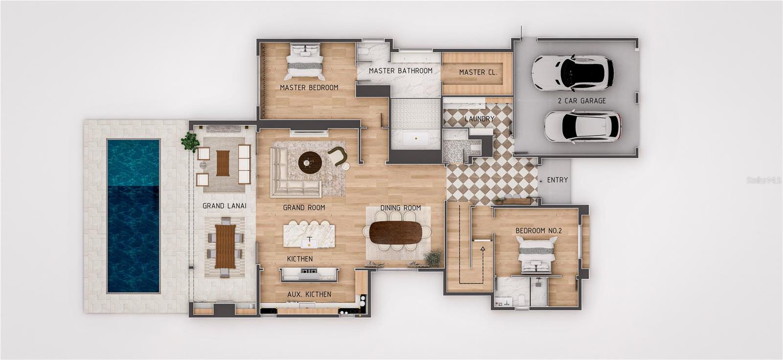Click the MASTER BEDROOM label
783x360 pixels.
[309, 88]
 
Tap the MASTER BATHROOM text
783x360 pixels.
[400, 71]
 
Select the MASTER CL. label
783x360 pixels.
[478, 72]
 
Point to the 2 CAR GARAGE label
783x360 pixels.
[581, 101]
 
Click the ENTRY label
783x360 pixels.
[557, 180]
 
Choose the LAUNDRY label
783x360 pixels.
[479, 119]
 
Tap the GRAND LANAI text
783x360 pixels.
[224, 206]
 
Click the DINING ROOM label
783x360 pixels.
[400, 208]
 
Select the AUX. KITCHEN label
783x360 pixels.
[309, 294]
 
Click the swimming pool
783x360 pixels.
[134, 216]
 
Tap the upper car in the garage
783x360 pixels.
[572, 73]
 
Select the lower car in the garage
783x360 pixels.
[582, 127]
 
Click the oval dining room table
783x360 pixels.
[395, 232]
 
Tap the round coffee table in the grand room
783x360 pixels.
[310, 162]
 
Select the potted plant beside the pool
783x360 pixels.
[190, 141]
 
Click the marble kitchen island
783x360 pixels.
[309, 235]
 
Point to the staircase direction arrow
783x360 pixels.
[483, 249]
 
